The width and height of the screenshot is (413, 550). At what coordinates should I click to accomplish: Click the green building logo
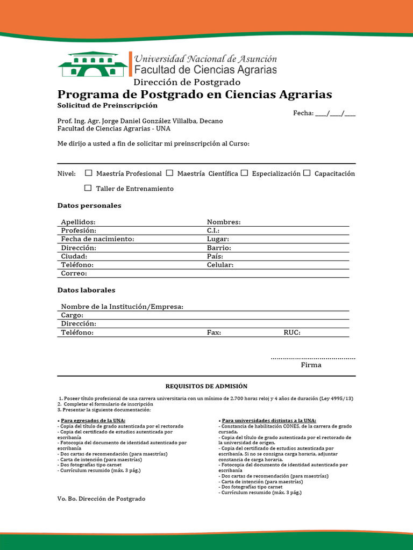[x=92, y=64]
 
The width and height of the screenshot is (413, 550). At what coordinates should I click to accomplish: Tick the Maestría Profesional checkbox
[x=89, y=173]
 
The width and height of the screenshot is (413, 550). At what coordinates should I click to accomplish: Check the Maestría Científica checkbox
[x=169, y=173]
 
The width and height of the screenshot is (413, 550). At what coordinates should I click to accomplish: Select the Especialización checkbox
[x=244, y=173]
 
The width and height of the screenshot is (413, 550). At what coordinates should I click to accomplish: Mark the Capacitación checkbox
[x=307, y=173]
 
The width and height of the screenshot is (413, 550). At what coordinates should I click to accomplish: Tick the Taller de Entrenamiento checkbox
[x=88, y=188]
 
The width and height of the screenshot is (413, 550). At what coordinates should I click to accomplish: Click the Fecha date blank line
[x=335, y=113]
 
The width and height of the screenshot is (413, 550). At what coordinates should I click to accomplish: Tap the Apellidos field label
[x=78, y=222]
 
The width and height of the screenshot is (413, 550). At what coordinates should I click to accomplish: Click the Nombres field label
[x=224, y=222]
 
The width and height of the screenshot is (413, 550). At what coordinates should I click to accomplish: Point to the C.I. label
[x=213, y=230]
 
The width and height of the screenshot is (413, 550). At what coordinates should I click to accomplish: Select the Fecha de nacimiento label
[x=97, y=239]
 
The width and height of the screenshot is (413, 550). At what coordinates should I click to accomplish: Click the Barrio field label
[x=219, y=248]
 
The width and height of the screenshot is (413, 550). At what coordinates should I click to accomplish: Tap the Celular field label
[x=220, y=265]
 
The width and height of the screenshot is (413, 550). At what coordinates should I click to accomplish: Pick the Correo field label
[x=74, y=273]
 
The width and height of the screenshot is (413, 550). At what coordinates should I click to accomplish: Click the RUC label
[x=292, y=332]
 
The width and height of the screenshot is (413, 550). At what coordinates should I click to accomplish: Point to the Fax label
[x=214, y=332]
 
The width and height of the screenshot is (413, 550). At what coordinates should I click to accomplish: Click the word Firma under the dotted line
[x=311, y=365]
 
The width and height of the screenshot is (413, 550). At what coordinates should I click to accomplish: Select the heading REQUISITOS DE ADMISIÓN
[x=206, y=386]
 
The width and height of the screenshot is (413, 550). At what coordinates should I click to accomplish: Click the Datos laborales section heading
[x=86, y=290]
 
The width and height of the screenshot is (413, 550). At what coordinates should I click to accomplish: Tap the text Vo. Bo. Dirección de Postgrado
[x=101, y=498]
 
